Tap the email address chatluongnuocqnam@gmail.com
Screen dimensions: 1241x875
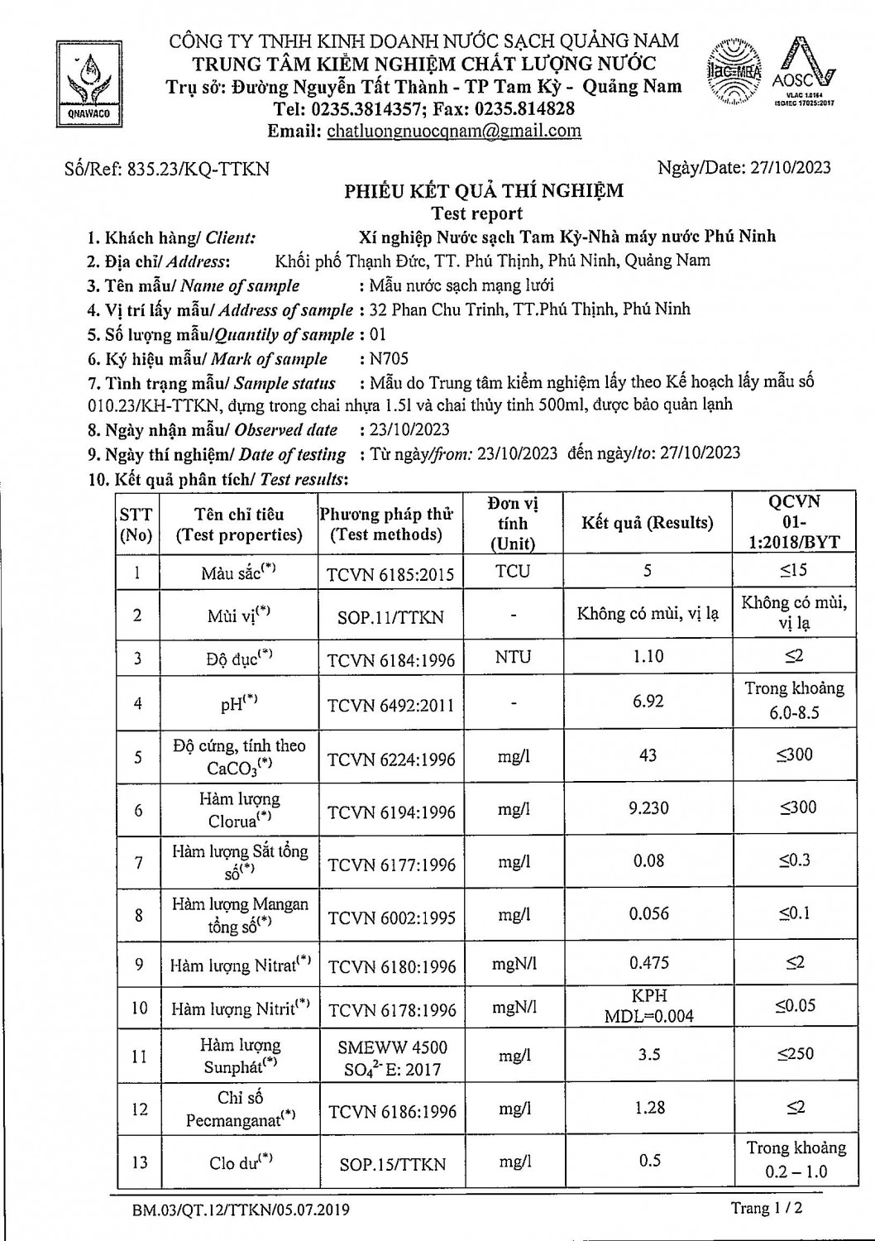click(x=454, y=131)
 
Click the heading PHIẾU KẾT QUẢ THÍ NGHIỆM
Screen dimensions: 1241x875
click(x=484, y=192)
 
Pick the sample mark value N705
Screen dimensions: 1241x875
click(x=390, y=359)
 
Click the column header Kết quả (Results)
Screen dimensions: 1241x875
click(x=648, y=523)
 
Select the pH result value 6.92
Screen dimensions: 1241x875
click(x=648, y=702)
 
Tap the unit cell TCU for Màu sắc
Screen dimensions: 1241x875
click(x=513, y=571)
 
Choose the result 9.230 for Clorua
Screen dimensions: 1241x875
click(x=648, y=808)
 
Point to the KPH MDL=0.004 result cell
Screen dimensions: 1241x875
click(x=649, y=1007)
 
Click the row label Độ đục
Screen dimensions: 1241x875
click(x=239, y=659)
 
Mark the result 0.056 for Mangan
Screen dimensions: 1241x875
click(x=649, y=914)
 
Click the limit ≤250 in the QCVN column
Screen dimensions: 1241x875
click(x=795, y=1054)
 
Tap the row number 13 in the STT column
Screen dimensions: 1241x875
click(x=139, y=1162)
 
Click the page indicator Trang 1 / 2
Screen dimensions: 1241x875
click(x=766, y=1209)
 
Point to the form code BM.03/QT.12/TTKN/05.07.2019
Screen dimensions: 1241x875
click(x=241, y=1210)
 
